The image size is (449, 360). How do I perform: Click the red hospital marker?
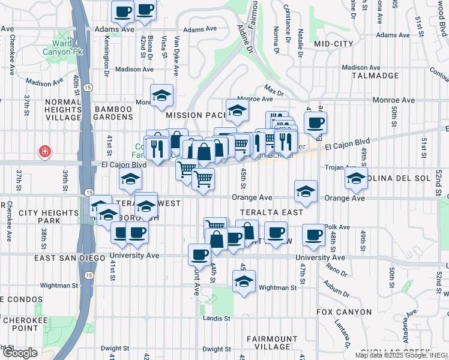[x=44, y=152]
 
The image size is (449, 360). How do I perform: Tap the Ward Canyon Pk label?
[x=71, y=47]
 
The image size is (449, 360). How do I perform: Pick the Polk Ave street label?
[x=337, y=227]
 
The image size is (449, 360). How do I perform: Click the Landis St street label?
[x=217, y=318]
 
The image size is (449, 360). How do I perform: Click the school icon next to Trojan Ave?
[x=357, y=178]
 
